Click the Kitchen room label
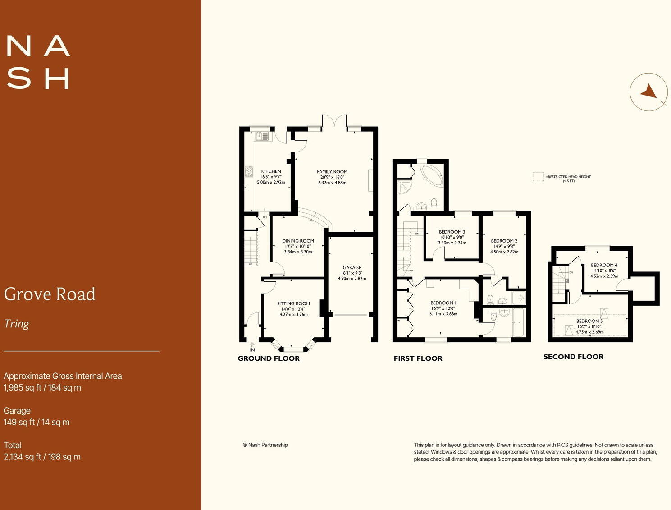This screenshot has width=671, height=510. point(271,171)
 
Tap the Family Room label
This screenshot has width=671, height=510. point(332,172)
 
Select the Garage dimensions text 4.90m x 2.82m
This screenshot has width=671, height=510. point(352,279)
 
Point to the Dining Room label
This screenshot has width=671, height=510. point(298,241)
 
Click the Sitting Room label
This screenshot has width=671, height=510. point(293,303)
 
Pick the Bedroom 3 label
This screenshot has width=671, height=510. point(452,232)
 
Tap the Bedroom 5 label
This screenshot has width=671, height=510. point(589,321)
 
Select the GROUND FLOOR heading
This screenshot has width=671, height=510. point(269,358)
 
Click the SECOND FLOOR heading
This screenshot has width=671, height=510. point(573,357)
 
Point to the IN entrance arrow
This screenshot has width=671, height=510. point(252,346)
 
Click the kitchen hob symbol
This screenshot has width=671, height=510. point(249,171)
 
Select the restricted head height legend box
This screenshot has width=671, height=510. point(538,177)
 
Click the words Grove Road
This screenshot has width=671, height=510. point(50,294)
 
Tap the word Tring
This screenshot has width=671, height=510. point(17,324)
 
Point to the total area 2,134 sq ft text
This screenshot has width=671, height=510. point(42,457)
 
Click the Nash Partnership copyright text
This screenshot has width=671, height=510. point(265,445)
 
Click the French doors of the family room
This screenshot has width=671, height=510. point(334,122)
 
